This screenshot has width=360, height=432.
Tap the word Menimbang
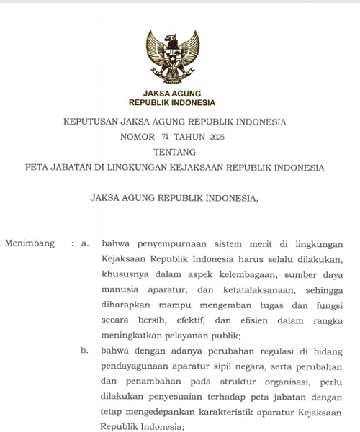30,243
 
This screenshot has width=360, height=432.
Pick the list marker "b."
86,351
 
